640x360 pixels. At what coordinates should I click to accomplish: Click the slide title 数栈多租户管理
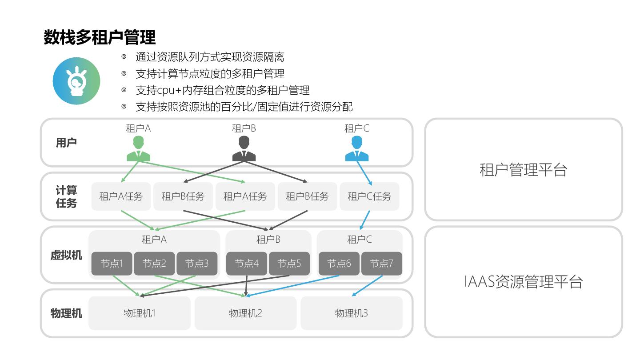point(100,37)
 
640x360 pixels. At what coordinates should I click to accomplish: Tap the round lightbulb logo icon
point(76,81)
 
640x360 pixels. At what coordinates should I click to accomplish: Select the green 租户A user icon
point(138,148)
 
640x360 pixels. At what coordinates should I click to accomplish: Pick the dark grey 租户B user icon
point(244,148)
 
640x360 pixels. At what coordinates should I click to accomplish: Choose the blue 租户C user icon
point(357,148)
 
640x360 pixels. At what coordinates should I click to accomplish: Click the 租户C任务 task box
point(369,196)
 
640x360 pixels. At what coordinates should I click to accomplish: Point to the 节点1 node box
point(112,264)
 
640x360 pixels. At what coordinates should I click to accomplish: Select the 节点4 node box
point(247,264)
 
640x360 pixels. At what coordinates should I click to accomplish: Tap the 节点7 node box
point(382,264)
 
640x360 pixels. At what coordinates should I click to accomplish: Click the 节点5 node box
point(289,264)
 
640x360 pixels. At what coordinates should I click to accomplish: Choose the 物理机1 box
point(140,313)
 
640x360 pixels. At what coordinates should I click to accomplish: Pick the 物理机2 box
point(245,313)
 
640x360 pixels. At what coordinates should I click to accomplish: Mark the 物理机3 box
point(352,313)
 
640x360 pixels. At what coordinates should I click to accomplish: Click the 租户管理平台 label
point(524,169)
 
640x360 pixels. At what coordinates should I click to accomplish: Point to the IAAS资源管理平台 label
point(524,282)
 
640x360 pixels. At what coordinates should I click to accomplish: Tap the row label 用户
point(66,143)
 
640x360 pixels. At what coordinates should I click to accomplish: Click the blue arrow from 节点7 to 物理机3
point(368,286)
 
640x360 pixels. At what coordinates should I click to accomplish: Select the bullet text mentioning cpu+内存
point(222,90)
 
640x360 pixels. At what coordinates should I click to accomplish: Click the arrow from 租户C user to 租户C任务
point(365,173)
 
